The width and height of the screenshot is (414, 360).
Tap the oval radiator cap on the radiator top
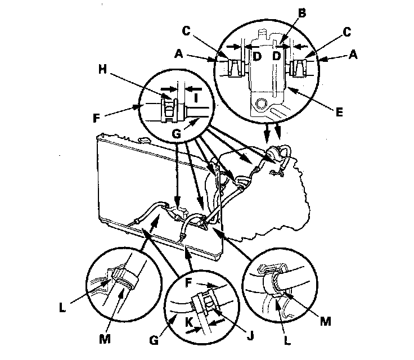point(143,140)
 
